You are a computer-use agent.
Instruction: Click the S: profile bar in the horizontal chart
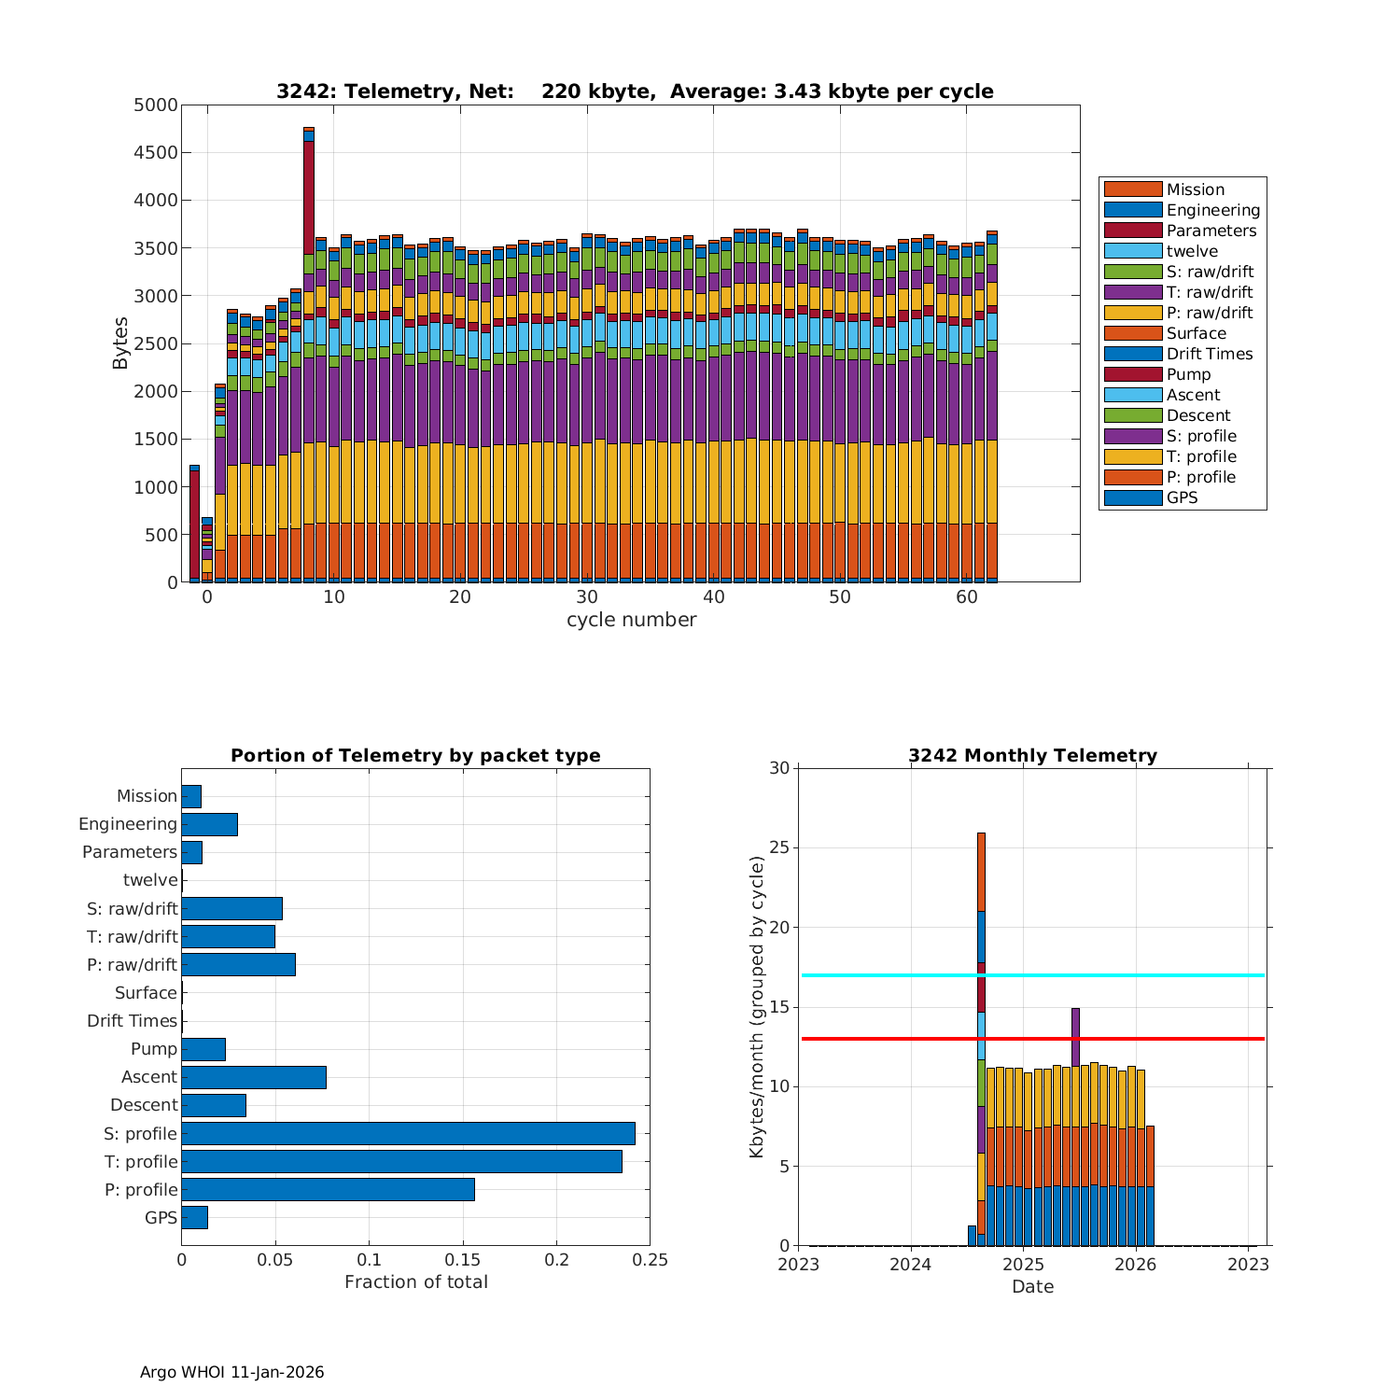click(408, 1133)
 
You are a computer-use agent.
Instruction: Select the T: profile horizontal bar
click(401, 1161)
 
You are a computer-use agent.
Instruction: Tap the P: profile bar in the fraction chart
click(328, 1189)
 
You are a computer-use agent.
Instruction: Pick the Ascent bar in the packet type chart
click(254, 1077)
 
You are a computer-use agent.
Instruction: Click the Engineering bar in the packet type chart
click(209, 824)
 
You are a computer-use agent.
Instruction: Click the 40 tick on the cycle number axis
click(713, 597)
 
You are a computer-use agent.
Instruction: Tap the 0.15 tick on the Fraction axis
click(463, 1260)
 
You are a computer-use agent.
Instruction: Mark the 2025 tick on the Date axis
click(1023, 1265)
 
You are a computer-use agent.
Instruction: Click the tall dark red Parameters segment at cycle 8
click(309, 196)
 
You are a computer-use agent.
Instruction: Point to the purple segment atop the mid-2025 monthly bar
click(1075, 1036)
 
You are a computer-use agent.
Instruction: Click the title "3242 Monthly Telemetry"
click(1032, 756)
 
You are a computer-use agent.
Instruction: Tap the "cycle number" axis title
click(631, 620)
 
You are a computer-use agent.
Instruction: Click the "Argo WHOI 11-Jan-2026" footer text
click(231, 1372)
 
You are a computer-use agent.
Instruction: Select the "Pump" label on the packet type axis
click(154, 1049)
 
